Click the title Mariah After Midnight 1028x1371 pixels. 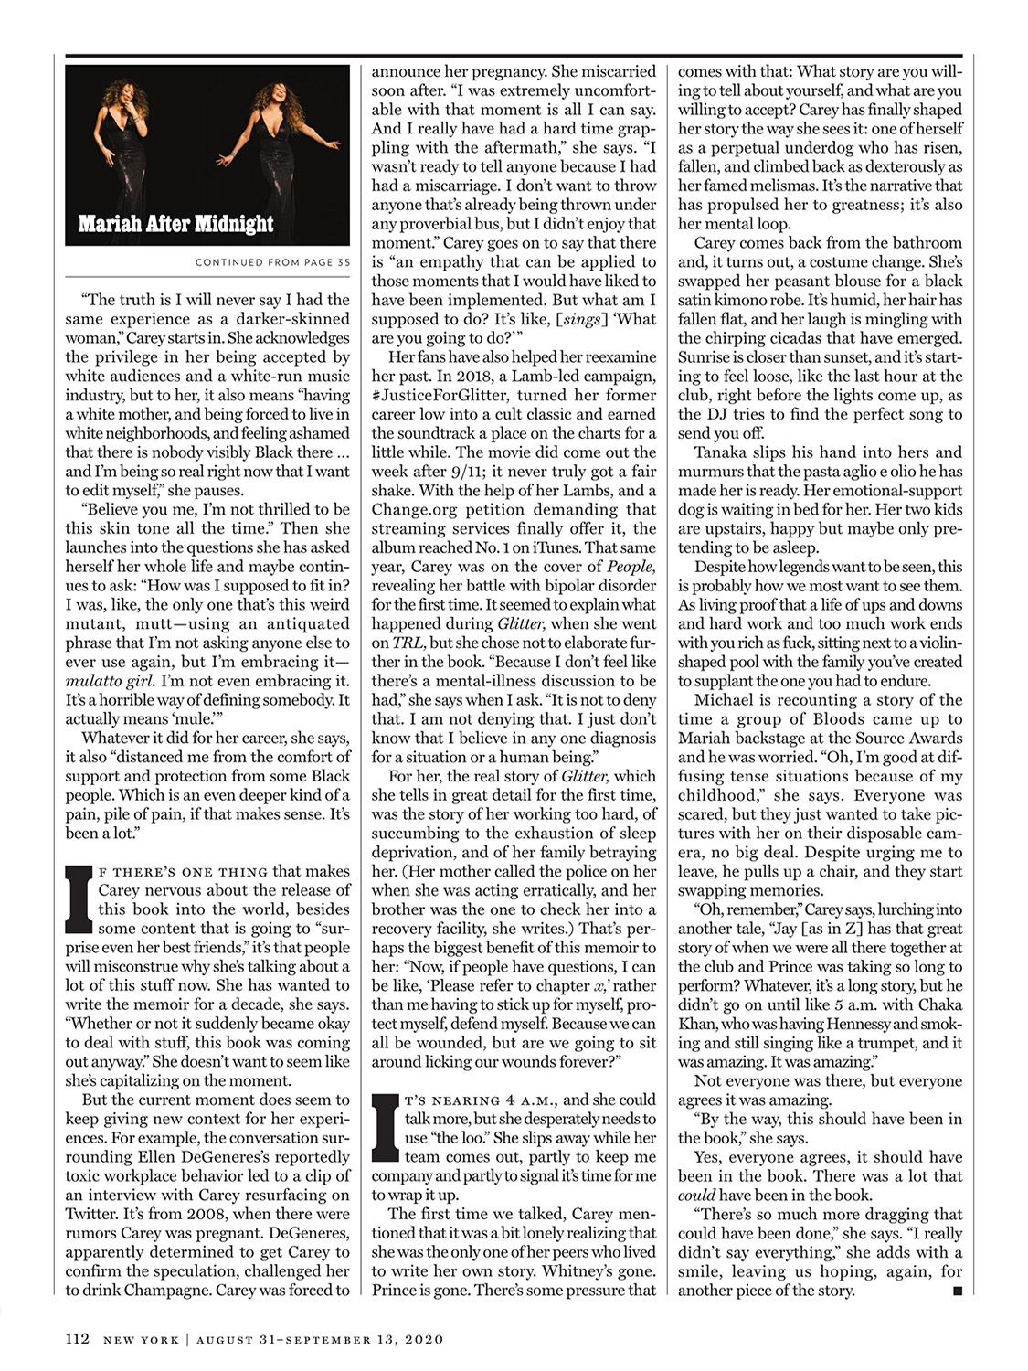click(x=175, y=224)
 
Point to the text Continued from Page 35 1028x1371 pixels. click(x=272, y=262)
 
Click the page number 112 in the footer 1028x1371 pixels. click(x=77, y=1339)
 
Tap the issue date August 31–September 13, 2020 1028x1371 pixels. click(x=320, y=1340)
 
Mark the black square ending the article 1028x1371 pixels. click(x=957, y=1291)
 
